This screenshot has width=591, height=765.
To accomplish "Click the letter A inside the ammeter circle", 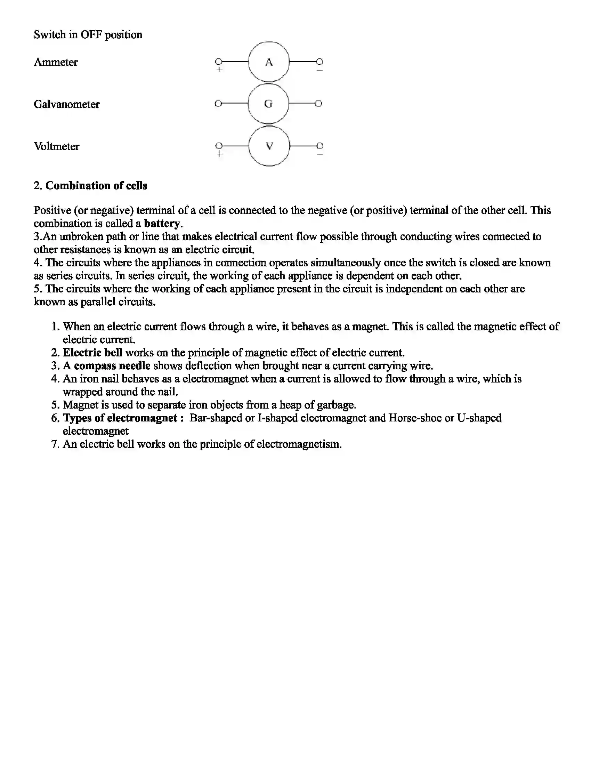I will tap(268, 62).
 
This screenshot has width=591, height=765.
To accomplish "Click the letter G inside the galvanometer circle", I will tap(268, 104).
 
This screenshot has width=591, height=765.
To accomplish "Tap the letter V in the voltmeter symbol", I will tap(269, 146).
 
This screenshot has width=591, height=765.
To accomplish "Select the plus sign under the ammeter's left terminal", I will tap(219, 70).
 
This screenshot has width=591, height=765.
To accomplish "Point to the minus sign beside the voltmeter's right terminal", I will tap(319, 154).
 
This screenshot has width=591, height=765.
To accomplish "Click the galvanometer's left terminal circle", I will tap(218, 104).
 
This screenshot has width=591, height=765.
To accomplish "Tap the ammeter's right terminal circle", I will tap(319, 62).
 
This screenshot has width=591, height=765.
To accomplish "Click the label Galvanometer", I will tap(66, 104).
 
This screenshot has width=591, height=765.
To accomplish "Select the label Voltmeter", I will tap(56, 146).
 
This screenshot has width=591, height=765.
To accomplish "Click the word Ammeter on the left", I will tap(56, 62).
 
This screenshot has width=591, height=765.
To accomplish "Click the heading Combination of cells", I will tap(96, 186).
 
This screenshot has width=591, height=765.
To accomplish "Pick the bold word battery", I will tap(162, 224).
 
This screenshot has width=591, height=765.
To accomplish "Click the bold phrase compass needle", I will tap(112, 366).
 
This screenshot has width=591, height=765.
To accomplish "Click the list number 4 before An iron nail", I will tap(55, 379).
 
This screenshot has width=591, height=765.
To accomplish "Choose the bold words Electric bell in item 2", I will tap(92, 352).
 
